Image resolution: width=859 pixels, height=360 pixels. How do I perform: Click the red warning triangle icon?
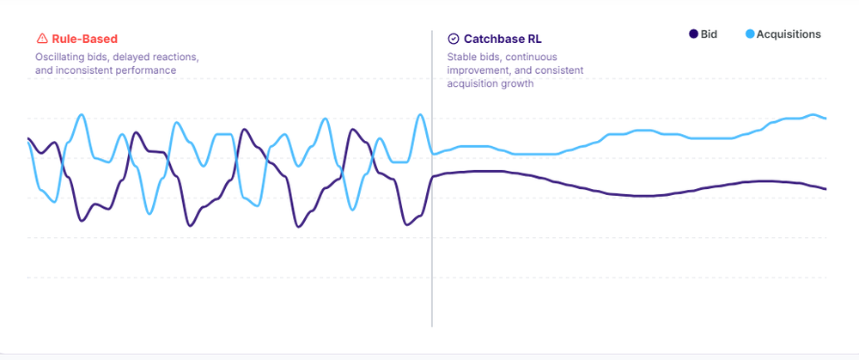41,39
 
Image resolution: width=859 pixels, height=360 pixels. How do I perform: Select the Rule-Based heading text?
84,39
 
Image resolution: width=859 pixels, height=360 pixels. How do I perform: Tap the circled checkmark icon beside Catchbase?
454,39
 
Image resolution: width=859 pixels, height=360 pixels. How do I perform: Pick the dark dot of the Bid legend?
693,34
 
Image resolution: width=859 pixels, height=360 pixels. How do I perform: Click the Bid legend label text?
709,34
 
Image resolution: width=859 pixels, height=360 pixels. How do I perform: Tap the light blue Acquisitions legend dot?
750,34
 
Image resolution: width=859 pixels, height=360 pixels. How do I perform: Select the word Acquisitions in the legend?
789,34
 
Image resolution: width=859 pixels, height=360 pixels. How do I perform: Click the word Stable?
463,57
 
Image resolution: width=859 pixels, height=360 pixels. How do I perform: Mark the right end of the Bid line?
825,188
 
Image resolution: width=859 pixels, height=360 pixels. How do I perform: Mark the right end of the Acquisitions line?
825,118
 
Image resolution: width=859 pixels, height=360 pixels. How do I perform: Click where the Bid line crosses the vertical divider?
432,176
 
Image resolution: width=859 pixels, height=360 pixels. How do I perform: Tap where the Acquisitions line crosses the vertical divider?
432,154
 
